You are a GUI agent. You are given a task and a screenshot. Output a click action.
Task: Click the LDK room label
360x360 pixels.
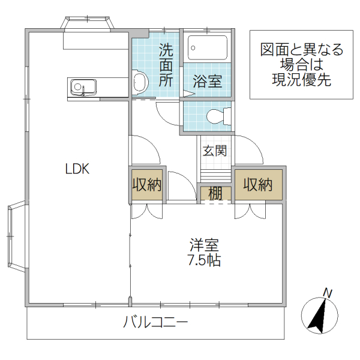pyautogui.click(x=77, y=169)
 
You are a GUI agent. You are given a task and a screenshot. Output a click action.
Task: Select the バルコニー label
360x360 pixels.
pyautogui.click(x=156, y=322)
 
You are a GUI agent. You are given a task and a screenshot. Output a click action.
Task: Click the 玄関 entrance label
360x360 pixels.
pyautogui.click(x=214, y=151)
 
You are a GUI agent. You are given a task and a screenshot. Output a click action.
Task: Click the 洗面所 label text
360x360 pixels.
pyautogui.click(x=166, y=65)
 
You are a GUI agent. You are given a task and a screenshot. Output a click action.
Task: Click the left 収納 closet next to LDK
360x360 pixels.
pyautogui.click(x=147, y=185)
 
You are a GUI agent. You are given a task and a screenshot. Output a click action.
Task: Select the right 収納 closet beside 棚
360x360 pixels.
pyautogui.click(x=258, y=185)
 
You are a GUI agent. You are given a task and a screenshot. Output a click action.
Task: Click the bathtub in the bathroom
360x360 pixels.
pyautogui.click(x=207, y=46)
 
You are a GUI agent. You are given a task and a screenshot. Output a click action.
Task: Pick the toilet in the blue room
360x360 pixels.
pyautogui.click(x=217, y=116)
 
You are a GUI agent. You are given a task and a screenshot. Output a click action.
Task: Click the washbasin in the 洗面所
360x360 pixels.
pyautogui.click(x=139, y=82)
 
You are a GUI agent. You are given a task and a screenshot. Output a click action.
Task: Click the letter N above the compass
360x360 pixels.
pyautogui.click(x=328, y=293)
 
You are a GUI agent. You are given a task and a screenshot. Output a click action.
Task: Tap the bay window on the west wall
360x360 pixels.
pyautogui.click(x=16, y=238)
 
